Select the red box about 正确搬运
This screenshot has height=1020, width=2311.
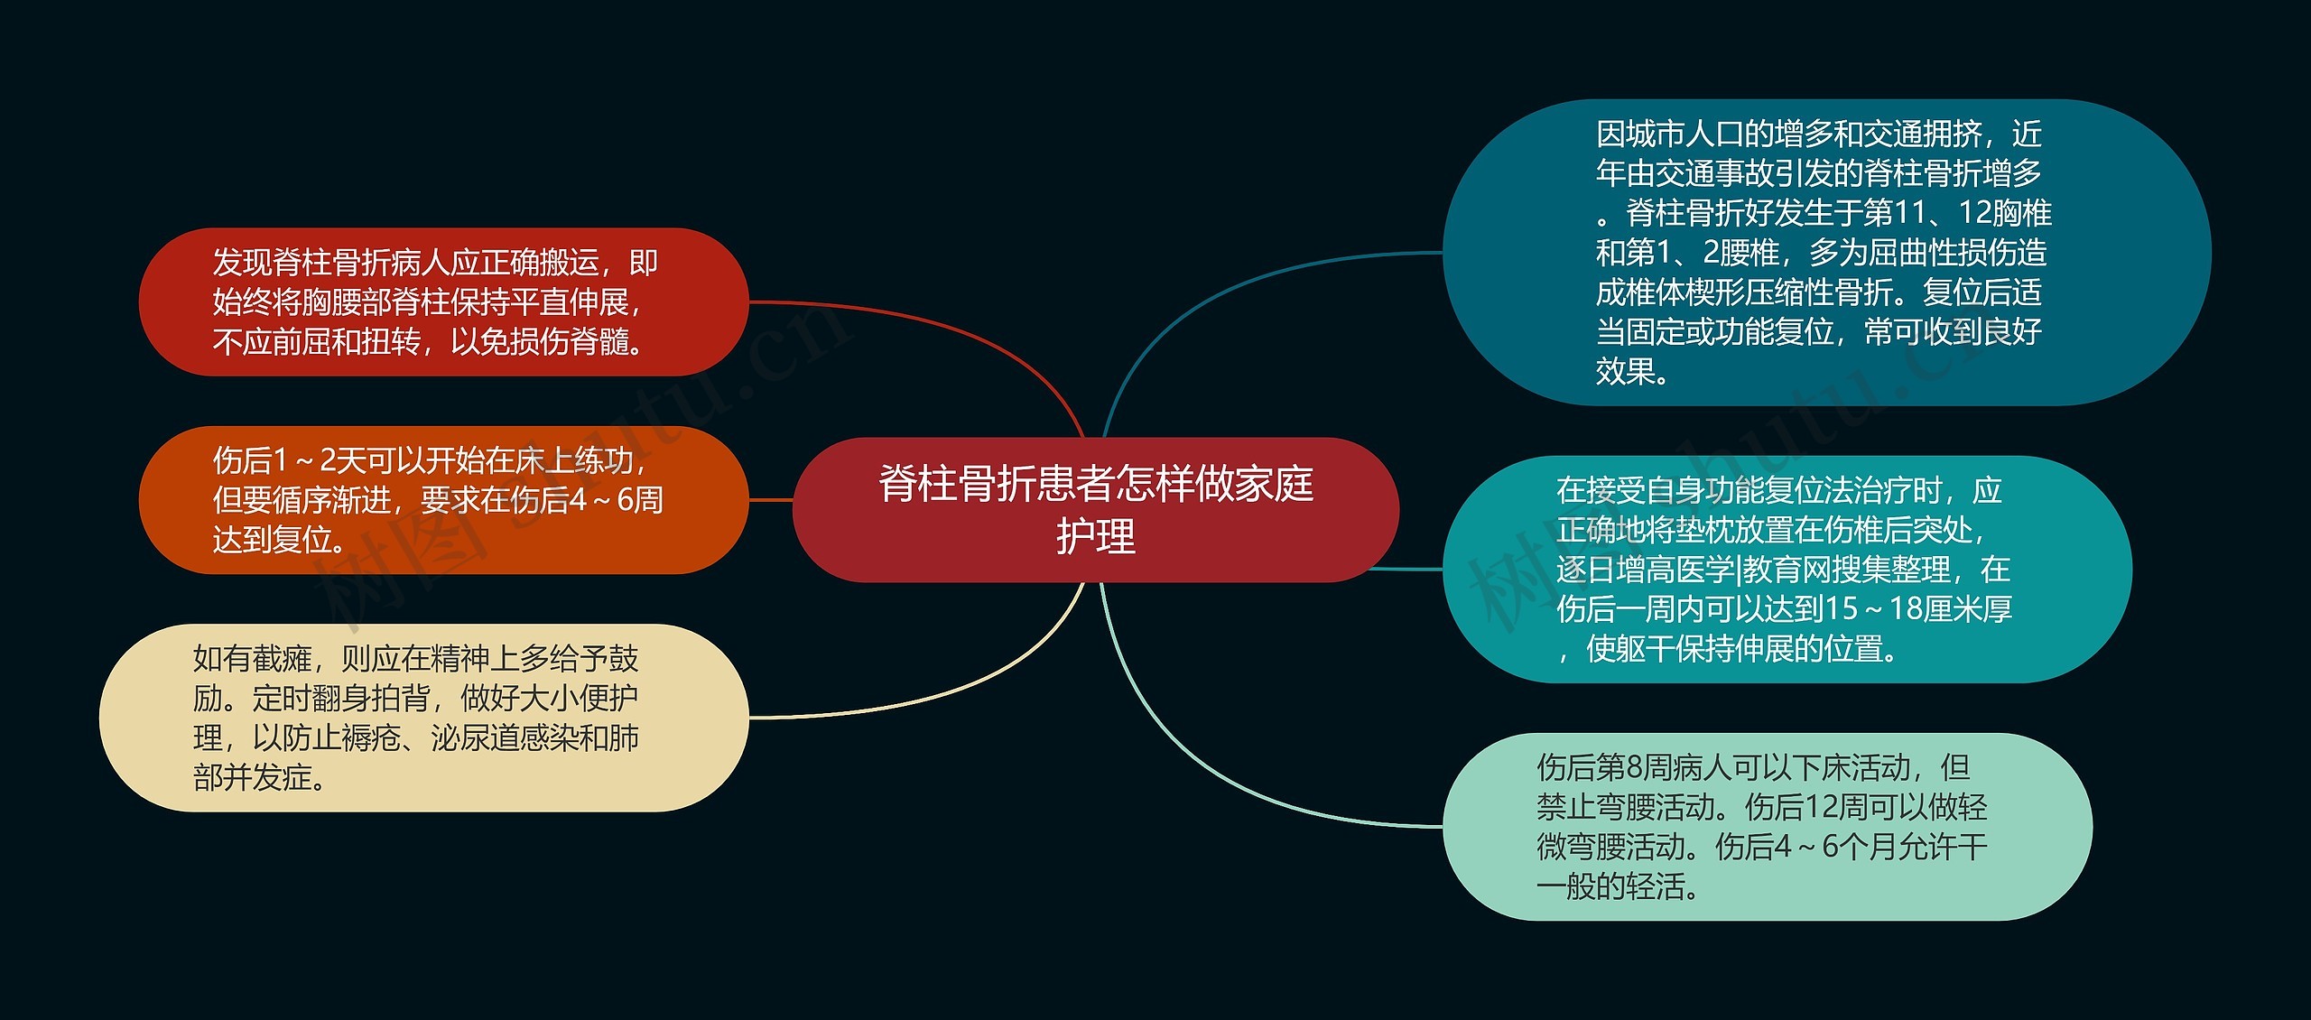442,301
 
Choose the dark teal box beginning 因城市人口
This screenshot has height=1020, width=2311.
1824,253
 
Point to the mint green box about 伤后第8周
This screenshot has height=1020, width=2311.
1765,827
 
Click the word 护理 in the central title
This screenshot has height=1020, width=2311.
1095,536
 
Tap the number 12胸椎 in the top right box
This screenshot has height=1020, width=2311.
2004,213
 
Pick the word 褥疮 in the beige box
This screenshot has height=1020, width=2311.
370,738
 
